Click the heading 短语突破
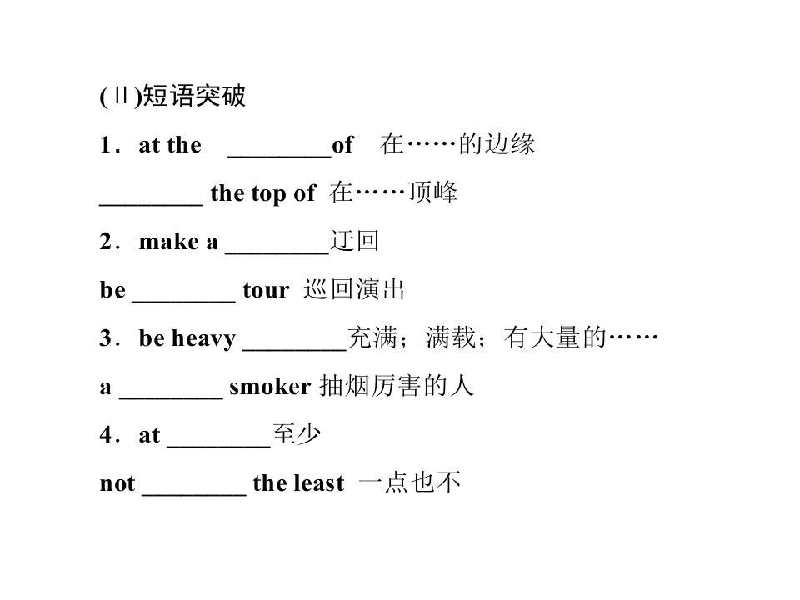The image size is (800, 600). [194, 97]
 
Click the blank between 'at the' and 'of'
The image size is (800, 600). [279, 148]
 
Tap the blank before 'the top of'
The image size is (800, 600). [151, 197]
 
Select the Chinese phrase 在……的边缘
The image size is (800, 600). [457, 145]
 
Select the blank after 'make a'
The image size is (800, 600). [277, 245]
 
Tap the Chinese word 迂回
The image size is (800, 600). [354, 242]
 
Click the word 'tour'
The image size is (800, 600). [266, 290]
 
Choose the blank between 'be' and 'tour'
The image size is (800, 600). [183, 293]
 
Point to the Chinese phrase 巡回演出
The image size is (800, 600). [354, 290]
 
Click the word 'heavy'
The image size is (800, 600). [204, 339]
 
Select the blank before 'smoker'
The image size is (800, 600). [171, 390]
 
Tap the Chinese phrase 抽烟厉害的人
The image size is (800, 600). [396, 387]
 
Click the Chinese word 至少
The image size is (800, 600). [297, 435]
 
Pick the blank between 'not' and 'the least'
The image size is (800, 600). [193, 487]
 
